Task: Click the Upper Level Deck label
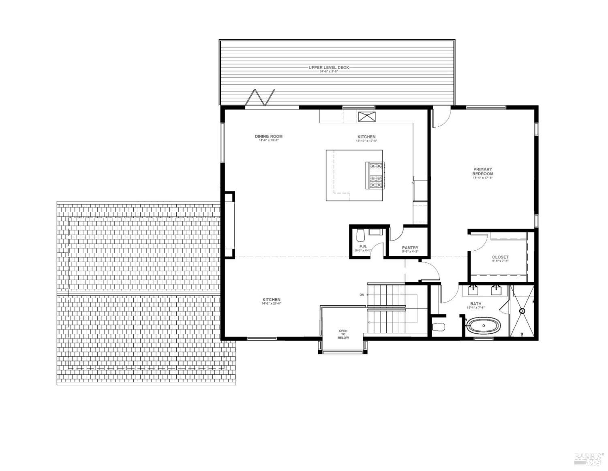click(328, 68)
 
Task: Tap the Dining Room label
click(269, 137)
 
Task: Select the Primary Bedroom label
click(482, 172)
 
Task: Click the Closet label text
click(500, 257)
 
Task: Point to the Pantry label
click(410, 248)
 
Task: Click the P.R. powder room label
click(363, 247)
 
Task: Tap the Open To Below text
click(343, 334)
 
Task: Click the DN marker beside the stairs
click(362, 294)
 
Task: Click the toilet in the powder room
click(360, 235)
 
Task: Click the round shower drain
click(522, 311)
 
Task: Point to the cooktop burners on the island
click(376, 176)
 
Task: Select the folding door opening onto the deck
click(259, 98)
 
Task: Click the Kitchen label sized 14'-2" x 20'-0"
click(271, 301)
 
